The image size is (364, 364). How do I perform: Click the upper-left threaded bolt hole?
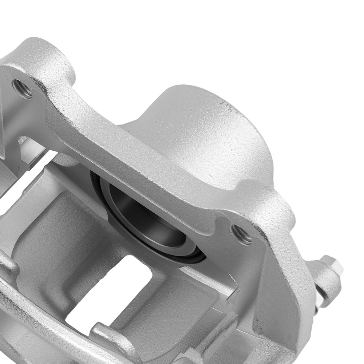(22, 88)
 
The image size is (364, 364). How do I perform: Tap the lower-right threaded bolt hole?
(241, 234)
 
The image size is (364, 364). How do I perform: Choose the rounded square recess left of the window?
(58, 233)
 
